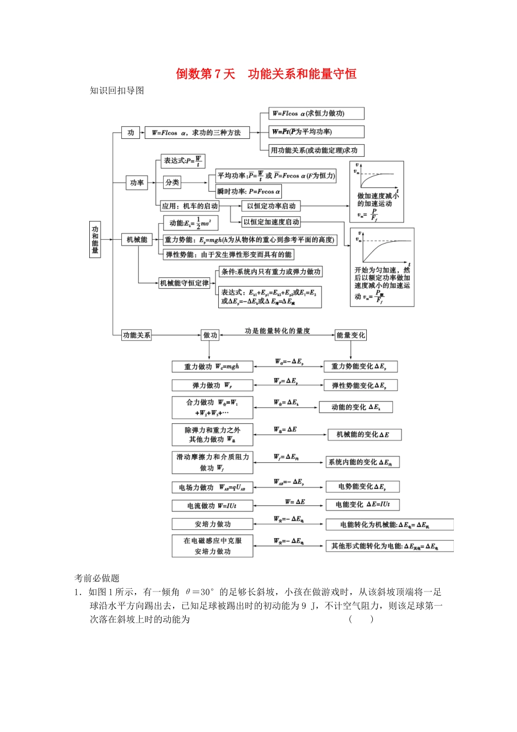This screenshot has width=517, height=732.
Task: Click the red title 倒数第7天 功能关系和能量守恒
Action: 266,74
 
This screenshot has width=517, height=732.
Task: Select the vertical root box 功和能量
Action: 95,239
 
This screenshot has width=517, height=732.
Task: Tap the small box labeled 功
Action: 131,132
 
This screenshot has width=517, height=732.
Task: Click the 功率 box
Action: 137,183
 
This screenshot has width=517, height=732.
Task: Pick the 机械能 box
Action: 137,240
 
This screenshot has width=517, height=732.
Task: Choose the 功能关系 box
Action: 137,335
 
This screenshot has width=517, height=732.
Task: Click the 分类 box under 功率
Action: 172,182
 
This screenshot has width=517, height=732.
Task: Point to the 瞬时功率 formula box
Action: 249,191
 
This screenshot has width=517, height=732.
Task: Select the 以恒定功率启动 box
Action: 271,206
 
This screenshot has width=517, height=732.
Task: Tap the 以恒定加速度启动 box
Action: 271,222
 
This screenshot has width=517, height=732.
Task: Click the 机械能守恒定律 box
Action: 184,283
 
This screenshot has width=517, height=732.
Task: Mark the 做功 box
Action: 210,335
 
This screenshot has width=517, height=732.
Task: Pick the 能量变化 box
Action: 350,335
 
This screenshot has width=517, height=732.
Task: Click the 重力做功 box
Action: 212,367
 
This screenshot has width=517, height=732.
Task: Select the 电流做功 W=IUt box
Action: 212,506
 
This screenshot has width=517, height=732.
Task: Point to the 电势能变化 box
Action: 362,486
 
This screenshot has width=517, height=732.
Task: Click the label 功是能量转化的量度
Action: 278,331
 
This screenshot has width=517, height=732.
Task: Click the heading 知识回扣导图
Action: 117,90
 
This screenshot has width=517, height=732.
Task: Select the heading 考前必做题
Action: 97,578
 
